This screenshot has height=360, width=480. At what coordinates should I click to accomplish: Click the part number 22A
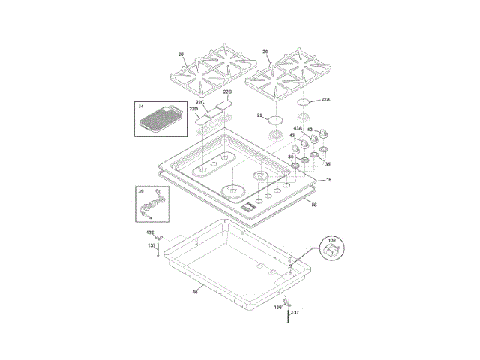click(325, 99)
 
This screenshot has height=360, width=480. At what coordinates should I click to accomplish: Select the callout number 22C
click(200, 102)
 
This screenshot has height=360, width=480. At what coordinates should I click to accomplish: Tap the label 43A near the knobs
click(298, 128)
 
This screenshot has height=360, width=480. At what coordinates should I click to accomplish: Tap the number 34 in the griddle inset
click(140, 106)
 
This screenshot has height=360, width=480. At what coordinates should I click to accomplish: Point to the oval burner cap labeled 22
click(277, 119)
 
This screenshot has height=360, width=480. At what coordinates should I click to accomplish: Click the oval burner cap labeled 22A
click(304, 101)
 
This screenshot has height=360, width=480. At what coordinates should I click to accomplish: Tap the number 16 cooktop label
click(328, 180)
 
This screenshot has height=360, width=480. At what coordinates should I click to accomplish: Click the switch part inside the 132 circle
click(332, 252)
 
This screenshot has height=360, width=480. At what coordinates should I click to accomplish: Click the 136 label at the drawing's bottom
click(277, 307)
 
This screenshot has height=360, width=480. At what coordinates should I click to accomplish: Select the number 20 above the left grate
click(181, 53)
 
